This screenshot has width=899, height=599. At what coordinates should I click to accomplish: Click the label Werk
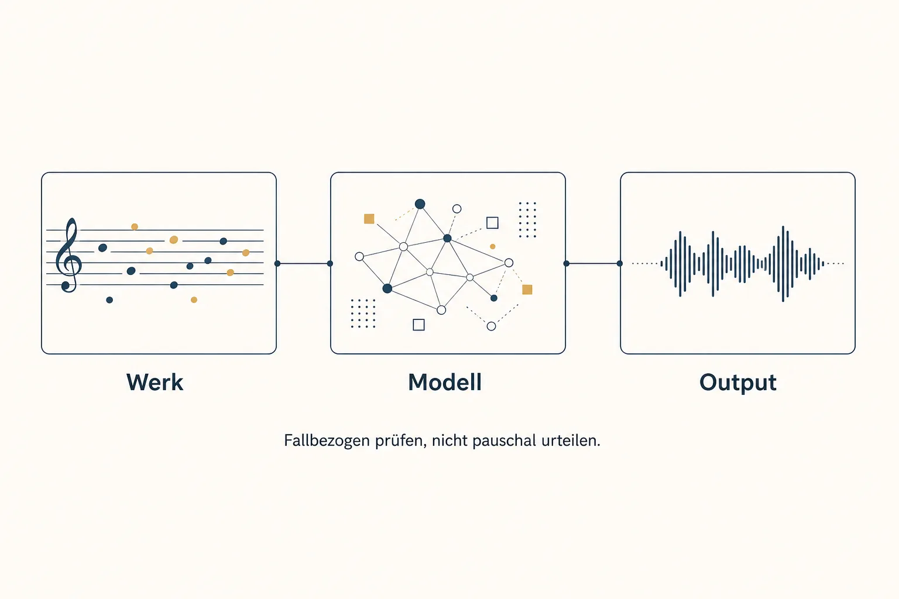click(155, 382)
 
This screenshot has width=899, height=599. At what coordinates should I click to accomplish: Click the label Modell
click(445, 382)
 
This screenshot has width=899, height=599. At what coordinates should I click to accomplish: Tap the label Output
click(737, 383)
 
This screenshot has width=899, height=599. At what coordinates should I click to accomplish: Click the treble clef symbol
click(68, 255)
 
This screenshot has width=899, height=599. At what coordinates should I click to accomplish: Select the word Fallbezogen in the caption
click(327, 441)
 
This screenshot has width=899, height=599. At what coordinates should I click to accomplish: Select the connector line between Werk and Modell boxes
click(303, 264)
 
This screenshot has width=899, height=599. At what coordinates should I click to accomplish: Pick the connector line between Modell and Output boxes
click(593, 264)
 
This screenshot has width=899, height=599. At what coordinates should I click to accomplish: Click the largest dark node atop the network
click(420, 204)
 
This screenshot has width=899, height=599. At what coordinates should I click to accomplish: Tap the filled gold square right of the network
click(527, 290)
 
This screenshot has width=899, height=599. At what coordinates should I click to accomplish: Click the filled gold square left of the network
click(369, 219)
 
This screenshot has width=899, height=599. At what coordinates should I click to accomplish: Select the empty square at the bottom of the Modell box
click(418, 325)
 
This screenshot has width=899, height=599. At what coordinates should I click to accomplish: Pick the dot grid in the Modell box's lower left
click(363, 314)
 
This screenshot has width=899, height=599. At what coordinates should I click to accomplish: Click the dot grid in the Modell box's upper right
click(527, 220)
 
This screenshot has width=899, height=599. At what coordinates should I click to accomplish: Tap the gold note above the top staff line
click(135, 227)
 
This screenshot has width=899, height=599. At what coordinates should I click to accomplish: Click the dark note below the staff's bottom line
click(109, 299)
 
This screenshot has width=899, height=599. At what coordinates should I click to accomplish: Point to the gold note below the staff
click(194, 299)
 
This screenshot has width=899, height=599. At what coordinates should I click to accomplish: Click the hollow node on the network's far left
click(359, 256)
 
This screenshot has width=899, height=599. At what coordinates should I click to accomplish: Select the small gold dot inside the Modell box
click(492, 246)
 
